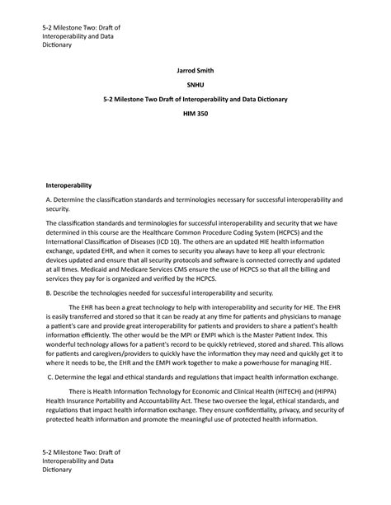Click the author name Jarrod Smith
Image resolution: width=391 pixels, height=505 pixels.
point(195,71)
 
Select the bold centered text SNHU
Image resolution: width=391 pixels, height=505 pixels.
point(195,85)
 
